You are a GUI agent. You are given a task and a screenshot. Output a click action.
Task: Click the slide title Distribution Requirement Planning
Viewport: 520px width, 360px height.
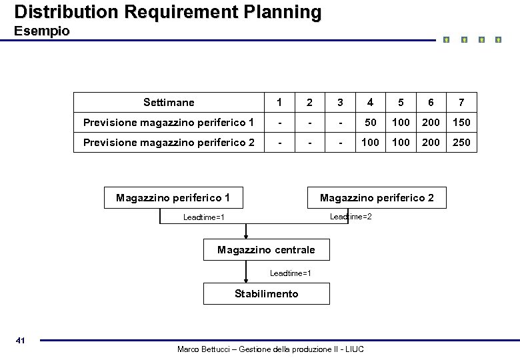[167, 12]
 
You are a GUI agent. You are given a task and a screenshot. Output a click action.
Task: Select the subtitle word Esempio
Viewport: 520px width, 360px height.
[41, 31]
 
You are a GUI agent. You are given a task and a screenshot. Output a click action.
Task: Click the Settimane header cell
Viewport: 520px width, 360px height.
[169, 103]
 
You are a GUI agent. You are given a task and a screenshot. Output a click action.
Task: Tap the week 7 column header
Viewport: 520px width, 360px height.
[461, 103]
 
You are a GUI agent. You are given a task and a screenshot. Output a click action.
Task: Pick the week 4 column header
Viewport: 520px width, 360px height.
[370, 103]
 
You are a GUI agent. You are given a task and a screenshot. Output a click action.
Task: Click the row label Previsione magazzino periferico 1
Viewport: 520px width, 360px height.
[168, 122]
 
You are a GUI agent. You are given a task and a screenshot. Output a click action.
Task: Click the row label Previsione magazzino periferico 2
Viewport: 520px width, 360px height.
[168, 142]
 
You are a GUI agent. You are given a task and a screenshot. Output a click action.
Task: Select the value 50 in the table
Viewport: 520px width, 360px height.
[370, 123]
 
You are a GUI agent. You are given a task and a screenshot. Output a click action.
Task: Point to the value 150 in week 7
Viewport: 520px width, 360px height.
[461, 123]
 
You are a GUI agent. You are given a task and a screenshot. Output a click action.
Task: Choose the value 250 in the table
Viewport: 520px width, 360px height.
[461, 142]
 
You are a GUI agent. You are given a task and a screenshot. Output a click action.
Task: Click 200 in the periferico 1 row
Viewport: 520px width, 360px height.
[431, 123]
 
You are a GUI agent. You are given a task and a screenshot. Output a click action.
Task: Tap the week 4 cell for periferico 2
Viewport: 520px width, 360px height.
[370, 142]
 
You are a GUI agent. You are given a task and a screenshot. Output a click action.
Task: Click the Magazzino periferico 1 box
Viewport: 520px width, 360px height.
[173, 198]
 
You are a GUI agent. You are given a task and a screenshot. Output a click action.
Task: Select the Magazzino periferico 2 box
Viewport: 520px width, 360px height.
[377, 198]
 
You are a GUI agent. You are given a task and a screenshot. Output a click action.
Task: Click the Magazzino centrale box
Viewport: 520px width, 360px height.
[266, 250]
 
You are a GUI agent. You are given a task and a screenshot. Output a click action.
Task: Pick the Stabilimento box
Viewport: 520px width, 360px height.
[266, 294]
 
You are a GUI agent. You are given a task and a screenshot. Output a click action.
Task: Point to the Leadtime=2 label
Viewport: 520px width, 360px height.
[351, 217]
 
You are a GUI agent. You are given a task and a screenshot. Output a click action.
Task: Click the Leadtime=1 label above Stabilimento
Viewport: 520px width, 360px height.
[290, 273]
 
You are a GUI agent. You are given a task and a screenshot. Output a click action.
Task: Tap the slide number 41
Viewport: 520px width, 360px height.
[20, 341]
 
